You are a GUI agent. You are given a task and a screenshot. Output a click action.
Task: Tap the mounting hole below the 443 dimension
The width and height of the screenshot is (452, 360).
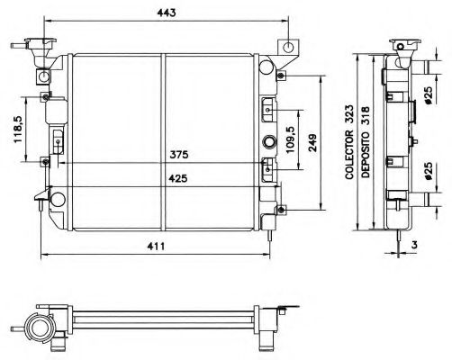click(288, 47)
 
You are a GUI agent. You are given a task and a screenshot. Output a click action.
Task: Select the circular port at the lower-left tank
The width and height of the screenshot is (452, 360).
click(57, 200)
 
